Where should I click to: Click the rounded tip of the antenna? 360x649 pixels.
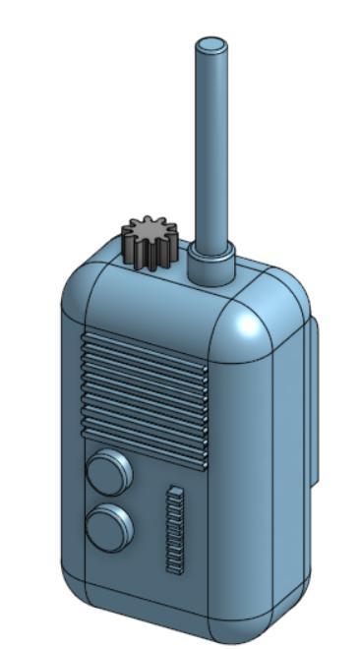coord(211,44)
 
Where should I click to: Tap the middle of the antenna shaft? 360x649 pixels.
coord(211,147)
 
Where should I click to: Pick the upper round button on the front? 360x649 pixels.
coord(109,472)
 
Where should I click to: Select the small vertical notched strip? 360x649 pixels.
coord(175,529)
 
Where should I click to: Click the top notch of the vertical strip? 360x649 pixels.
coord(176,490)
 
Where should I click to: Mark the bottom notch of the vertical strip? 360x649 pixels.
coord(174,567)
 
